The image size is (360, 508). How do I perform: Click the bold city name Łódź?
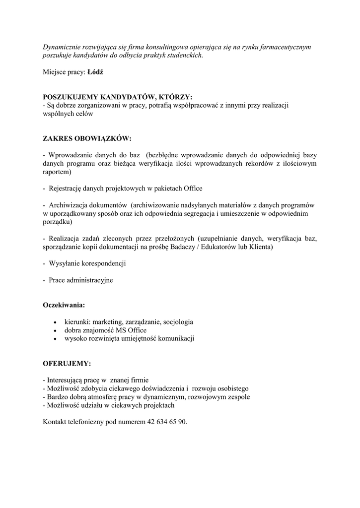click(95, 72)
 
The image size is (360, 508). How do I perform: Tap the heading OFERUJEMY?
click(67, 364)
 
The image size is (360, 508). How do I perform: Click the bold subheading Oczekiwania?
click(64, 305)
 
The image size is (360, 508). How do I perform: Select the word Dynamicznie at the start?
click(62, 47)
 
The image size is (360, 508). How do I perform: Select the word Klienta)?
click(260, 247)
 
